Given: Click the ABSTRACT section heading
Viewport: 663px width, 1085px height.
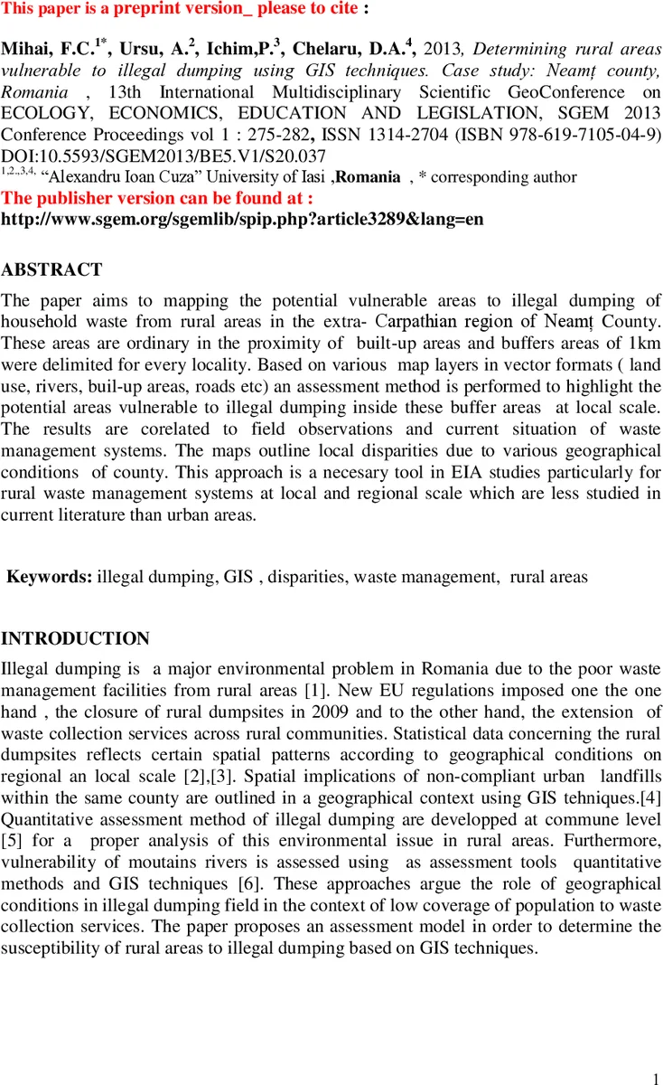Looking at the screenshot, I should click(x=51, y=269).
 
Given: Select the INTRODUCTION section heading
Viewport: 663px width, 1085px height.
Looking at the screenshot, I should click(x=75, y=639).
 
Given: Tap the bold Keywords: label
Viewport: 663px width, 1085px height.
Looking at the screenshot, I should click(x=49, y=576).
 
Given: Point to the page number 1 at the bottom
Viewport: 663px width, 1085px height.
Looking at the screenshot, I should click(x=655, y=1077).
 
